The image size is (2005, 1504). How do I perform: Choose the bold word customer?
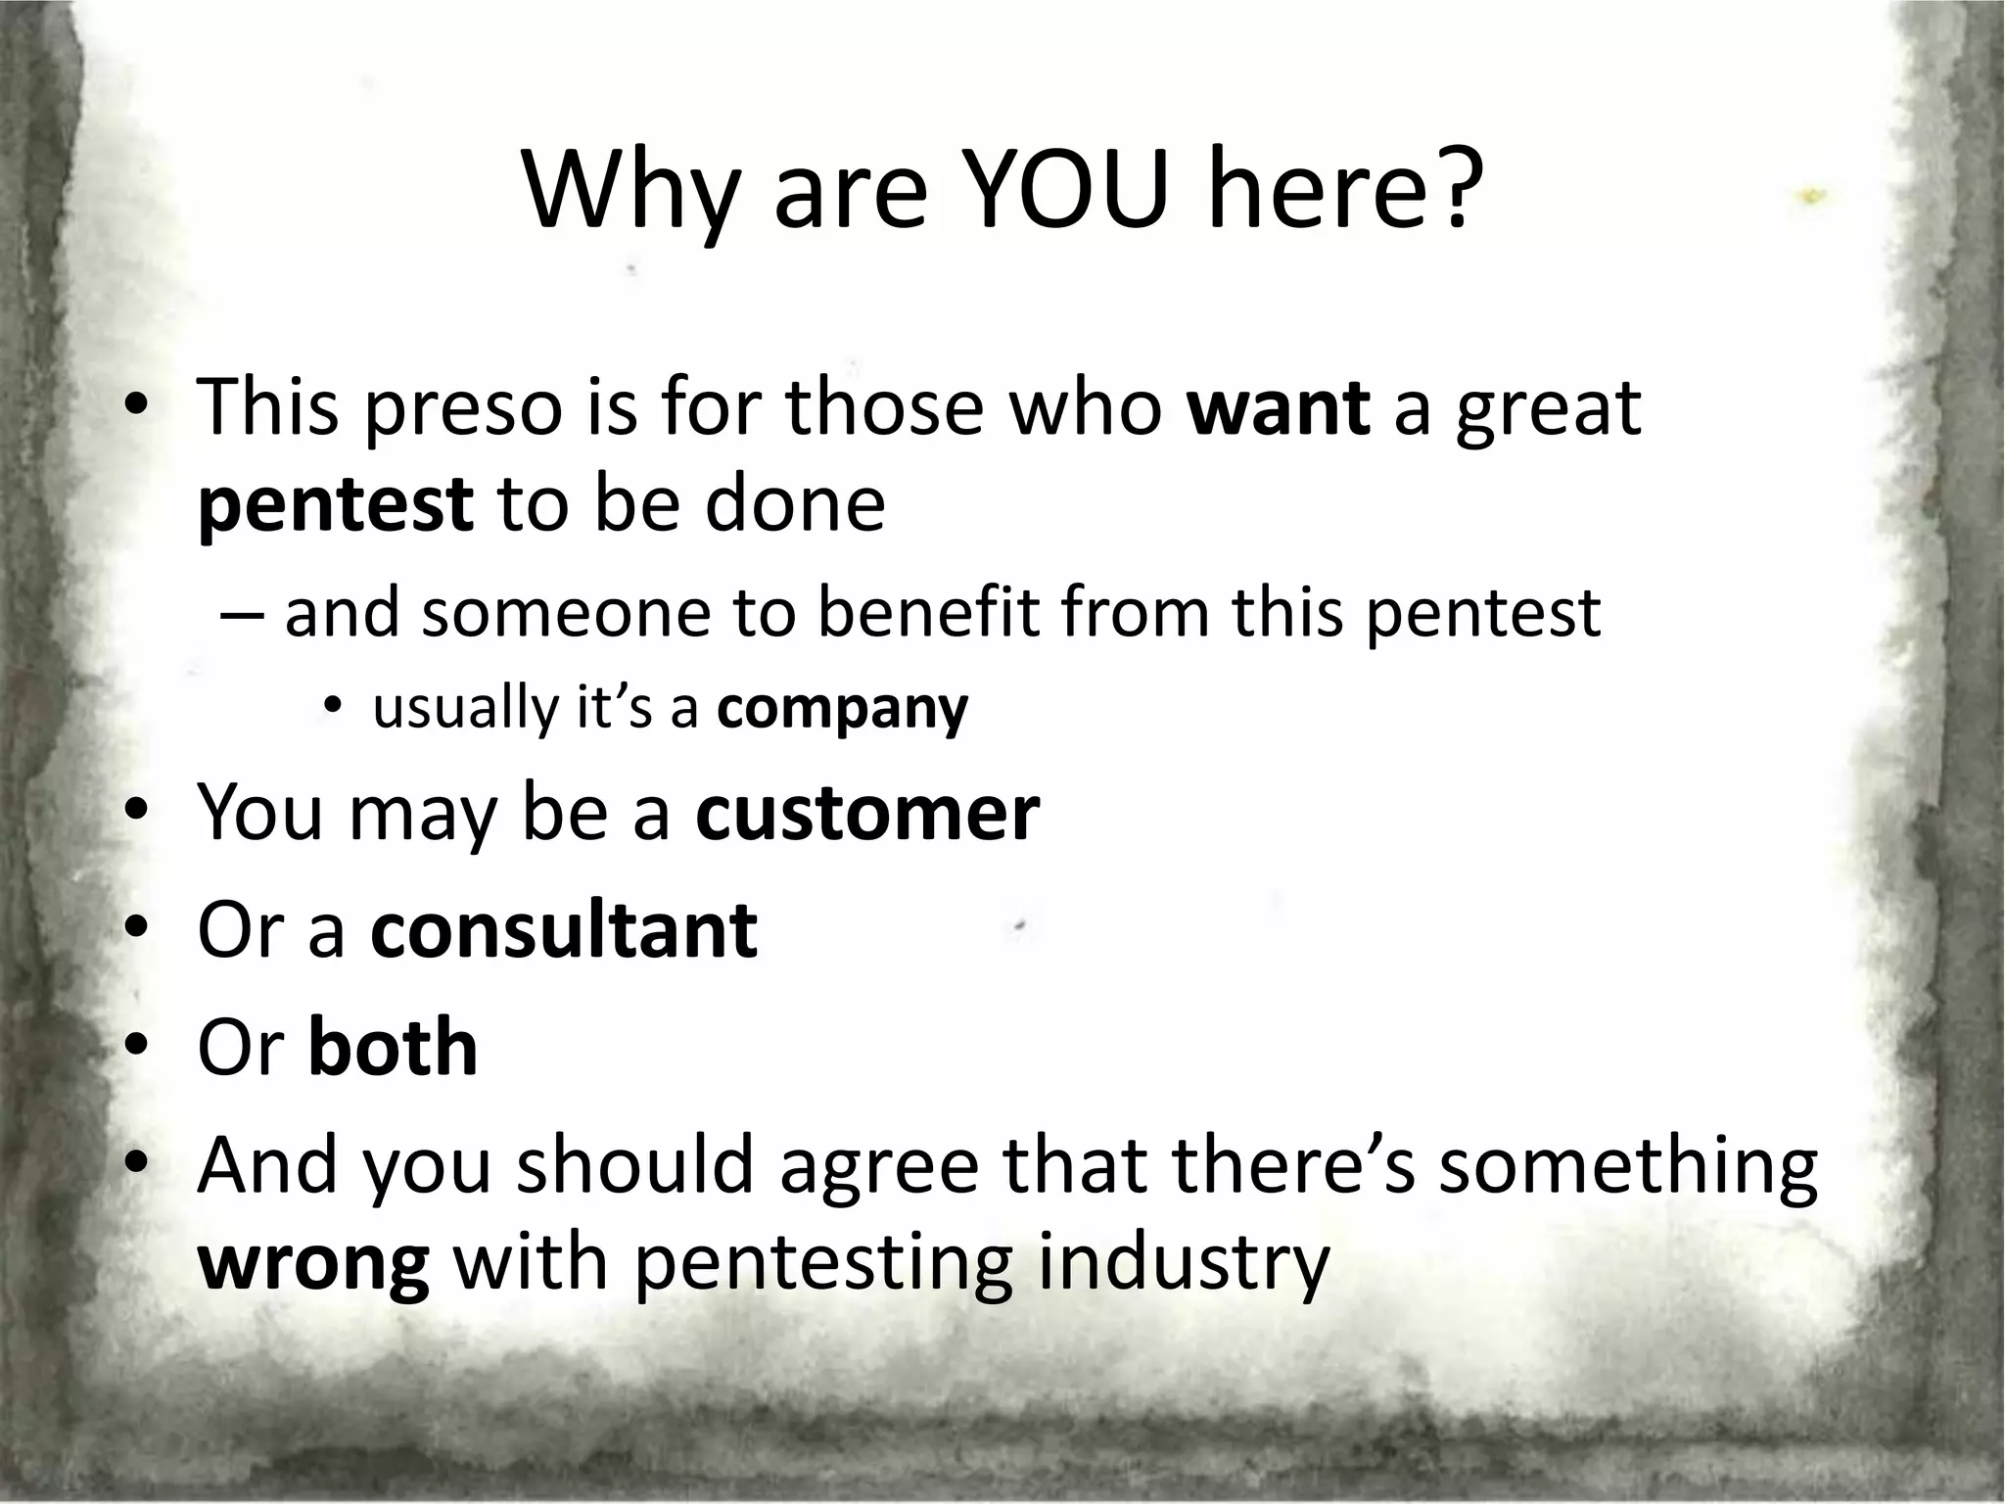(x=866, y=813)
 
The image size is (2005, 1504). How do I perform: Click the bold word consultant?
(x=564, y=930)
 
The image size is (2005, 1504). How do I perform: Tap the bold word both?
(x=393, y=1047)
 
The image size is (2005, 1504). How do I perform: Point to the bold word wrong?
(x=313, y=1265)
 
